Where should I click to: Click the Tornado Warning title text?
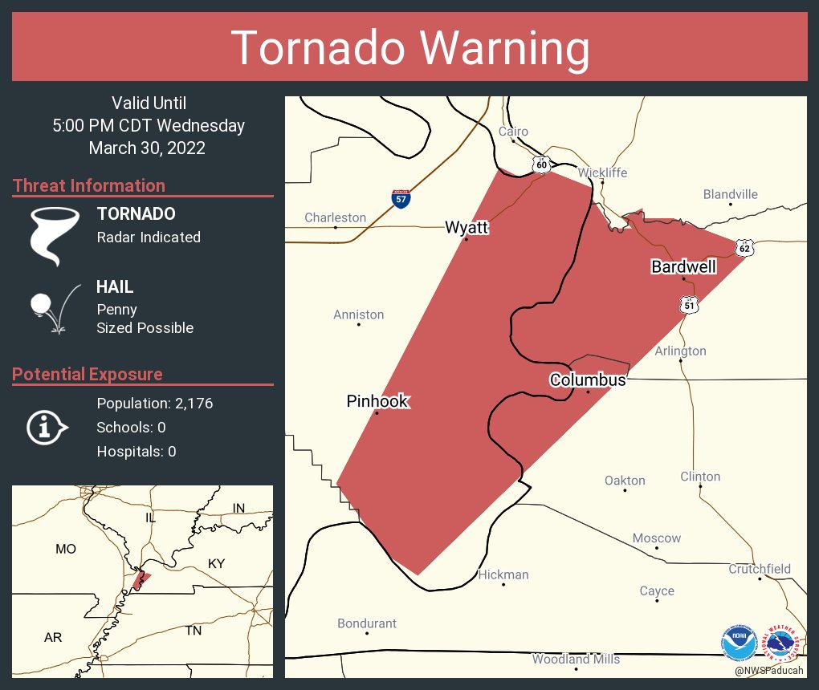(x=409, y=48)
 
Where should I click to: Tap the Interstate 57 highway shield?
(x=401, y=198)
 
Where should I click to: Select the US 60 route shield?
(x=542, y=164)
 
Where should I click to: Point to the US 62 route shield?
(x=744, y=249)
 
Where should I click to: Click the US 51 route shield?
(x=689, y=304)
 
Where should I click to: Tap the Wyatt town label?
(x=467, y=228)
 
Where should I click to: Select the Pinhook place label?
(x=377, y=401)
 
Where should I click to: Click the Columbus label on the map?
(x=587, y=379)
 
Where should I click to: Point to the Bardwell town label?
(x=683, y=266)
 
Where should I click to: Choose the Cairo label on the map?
(x=513, y=132)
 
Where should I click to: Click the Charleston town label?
(x=335, y=217)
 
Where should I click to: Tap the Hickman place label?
(x=503, y=574)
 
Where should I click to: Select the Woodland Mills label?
(x=576, y=660)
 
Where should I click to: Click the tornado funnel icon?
(x=55, y=234)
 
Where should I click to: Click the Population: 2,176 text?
(x=154, y=404)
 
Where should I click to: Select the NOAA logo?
(x=739, y=642)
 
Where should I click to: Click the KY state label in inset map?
(x=216, y=564)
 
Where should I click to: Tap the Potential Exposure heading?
(x=87, y=374)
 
